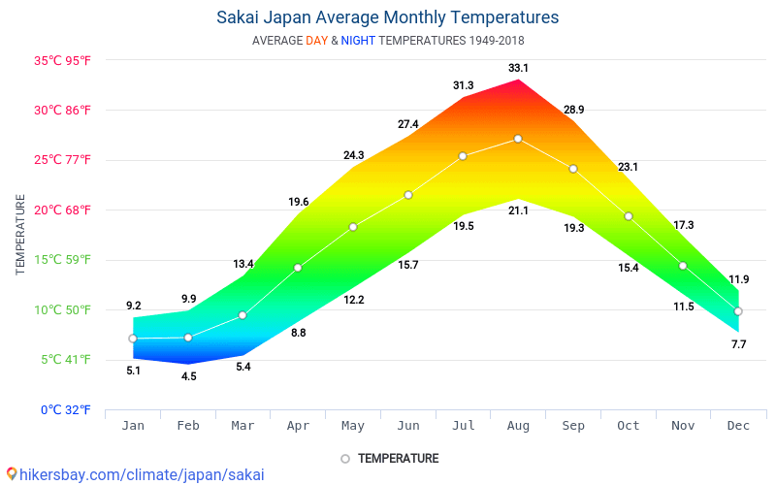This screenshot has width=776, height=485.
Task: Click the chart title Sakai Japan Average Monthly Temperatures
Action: pyautogui.click(x=387, y=17)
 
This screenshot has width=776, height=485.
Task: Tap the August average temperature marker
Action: pyautogui.click(x=518, y=139)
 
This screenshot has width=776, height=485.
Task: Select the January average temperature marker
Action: pyautogui.click(x=133, y=339)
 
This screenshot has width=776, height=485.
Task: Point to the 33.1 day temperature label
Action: pyautogui.click(x=518, y=68)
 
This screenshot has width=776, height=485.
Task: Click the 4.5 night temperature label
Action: pyautogui.click(x=188, y=376)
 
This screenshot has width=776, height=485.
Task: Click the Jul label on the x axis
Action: pyautogui.click(x=463, y=426)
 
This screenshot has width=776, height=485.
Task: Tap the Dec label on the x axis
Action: pyautogui.click(x=738, y=426)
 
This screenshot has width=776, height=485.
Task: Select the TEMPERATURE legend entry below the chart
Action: pyautogui.click(x=389, y=458)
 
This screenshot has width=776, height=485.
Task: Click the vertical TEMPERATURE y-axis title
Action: pyautogui.click(x=20, y=234)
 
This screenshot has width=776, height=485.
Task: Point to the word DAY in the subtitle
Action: pyautogui.click(x=316, y=41)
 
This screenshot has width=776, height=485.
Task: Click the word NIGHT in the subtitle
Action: pyautogui.click(x=358, y=41)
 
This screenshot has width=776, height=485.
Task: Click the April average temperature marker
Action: pyautogui.click(x=298, y=268)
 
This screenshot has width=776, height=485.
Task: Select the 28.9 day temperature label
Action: pyautogui.click(x=573, y=111)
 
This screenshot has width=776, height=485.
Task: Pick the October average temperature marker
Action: pyautogui.click(x=629, y=216)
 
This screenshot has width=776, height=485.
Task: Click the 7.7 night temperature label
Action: pyautogui.click(x=738, y=344)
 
